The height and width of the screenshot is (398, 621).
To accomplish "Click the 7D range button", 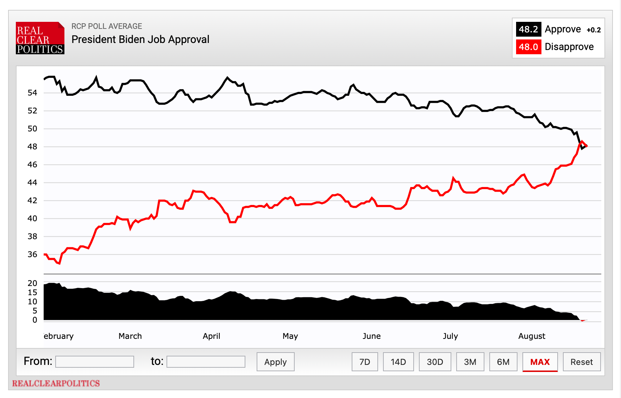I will (x=365, y=362).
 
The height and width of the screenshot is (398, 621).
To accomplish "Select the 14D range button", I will (x=398, y=362).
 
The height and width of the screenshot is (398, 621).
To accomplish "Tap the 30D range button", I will (x=435, y=362).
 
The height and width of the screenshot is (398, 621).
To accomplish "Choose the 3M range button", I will (x=470, y=362).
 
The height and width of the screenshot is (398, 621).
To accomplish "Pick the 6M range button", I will (x=503, y=362).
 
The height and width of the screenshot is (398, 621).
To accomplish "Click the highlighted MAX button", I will (x=540, y=362).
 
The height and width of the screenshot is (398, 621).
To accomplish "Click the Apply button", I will (x=275, y=362).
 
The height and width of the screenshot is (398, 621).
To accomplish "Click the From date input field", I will (x=95, y=362).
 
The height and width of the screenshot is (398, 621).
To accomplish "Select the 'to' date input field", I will (x=206, y=362).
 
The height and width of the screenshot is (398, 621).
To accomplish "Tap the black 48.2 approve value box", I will (x=528, y=29).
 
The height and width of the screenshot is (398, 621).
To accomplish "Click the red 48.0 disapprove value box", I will (x=528, y=47).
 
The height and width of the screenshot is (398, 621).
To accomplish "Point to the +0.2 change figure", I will (x=594, y=30).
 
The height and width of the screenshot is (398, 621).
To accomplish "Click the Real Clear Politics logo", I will (x=40, y=38).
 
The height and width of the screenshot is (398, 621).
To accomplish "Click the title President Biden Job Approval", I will (x=140, y=39).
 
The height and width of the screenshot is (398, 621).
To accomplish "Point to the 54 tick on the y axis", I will (x=32, y=93).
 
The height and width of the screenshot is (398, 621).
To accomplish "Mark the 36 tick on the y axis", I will (x=32, y=254).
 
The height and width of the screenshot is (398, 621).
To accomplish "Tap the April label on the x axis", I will (x=211, y=336).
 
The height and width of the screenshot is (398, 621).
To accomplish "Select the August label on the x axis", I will (x=532, y=336).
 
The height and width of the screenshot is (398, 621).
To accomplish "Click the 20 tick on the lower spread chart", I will (x=32, y=283).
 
